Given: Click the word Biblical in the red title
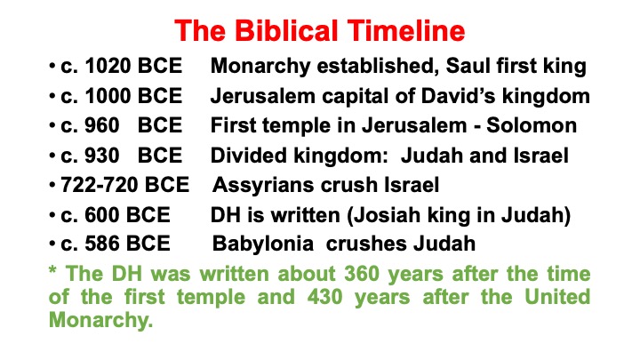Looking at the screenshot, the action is point(288,30).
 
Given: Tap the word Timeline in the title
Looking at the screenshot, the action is point(406,30).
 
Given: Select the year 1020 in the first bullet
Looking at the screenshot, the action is point(108,66).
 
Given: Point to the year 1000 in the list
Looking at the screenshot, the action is point(108,96).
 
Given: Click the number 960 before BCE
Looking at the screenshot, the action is point(102,125).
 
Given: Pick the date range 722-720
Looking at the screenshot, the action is point(100,185).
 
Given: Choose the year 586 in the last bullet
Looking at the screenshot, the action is point(102,244).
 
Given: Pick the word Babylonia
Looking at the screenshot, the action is point(263,244).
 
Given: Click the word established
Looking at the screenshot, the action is point(378,66).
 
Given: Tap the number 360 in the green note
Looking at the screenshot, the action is point(362,274).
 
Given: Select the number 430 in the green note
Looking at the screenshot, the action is point(324,297).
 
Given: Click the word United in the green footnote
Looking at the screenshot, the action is point(557,297).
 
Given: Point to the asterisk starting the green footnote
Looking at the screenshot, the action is point(52,270).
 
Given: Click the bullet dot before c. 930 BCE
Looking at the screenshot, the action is point(52,155).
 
